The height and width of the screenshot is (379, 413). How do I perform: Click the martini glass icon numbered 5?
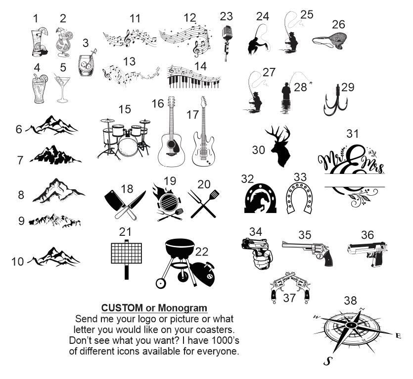(62, 88)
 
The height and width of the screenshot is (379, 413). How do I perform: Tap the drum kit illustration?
(124, 138)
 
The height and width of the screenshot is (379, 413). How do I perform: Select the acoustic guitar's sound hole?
(171, 144)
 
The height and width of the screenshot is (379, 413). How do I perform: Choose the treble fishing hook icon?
(335, 101)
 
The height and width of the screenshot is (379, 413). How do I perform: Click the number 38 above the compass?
(350, 300)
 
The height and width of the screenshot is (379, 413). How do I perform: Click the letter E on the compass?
(398, 336)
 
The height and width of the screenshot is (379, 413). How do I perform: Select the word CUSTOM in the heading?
(122, 308)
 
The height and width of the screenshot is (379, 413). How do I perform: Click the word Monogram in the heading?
(183, 308)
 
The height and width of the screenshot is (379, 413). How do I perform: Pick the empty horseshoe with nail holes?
(300, 198)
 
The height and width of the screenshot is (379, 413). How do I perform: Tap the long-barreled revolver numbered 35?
(308, 252)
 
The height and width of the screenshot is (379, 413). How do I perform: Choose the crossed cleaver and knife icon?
(125, 205)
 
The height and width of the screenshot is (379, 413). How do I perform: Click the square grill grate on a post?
(127, 259)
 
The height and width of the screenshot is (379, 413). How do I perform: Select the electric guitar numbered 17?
(203, 131)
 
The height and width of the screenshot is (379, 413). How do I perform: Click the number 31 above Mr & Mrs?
(353, 134)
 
